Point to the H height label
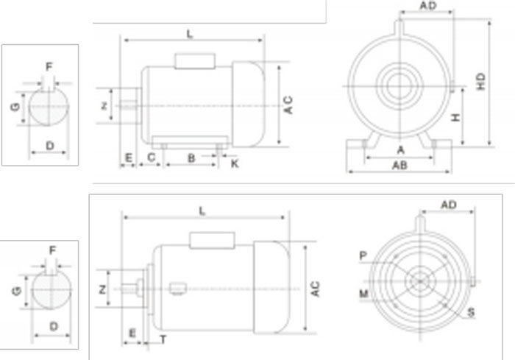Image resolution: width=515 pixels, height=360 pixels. click(x=456, y=118)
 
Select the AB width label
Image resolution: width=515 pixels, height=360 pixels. click(x=400, y=166)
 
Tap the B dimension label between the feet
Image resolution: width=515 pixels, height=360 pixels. click(x=191, y=158)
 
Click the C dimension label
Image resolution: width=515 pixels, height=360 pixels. click(x=152, y=158)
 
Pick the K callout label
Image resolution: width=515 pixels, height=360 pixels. click(x=234, y=163)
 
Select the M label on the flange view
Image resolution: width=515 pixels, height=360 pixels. click(x=363, y=293)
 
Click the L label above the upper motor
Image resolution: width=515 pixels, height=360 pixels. click(x=190, y=34)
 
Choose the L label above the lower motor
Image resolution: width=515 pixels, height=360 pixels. click(x=203, y=211)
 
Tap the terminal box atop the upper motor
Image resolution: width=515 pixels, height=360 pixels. click(x=194, y=60)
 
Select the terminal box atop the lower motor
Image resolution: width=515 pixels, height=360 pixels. click(x=213, y=239)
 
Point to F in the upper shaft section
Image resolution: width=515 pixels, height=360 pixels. click(x=49, y=67)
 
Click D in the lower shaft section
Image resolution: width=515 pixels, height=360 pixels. click(x=53, y=325)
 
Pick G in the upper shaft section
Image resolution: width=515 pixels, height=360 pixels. click(x=15, y=107)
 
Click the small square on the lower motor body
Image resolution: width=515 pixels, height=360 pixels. click(x=176, y=289)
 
